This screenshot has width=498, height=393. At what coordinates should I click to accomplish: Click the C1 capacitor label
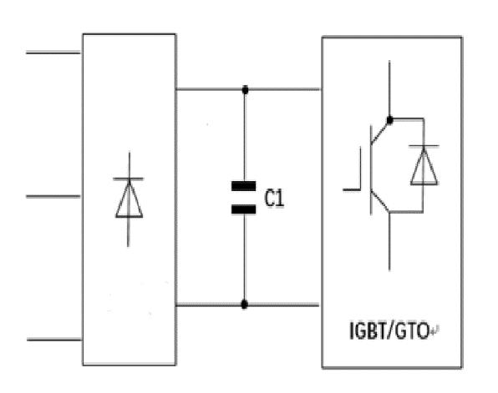pyautogui.click(x=274, y=199)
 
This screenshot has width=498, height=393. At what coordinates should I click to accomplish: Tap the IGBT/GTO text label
pyautogui.click(x=389, y=330)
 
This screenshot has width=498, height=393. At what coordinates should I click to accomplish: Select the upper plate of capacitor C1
pyautogui.click(x=244, y=186)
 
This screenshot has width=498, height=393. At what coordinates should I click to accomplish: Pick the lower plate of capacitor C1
pyautogui.click(x=244, y=209)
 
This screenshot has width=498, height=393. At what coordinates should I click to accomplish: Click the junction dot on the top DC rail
pyautogui.click(x=245, y=90)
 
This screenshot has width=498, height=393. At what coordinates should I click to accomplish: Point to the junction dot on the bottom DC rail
pyautogui.click(x=244, y=305)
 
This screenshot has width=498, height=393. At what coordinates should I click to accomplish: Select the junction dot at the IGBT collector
pyautogui.click(x=389, y=120)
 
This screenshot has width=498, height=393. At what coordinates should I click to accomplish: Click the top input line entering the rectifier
pyautogui.click(x=53, y=53)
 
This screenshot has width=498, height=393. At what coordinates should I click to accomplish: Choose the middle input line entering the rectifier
pyautogui.click(x=53, y=196)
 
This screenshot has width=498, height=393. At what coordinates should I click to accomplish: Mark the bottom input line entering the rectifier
pyautogui.click(x=54, y=340)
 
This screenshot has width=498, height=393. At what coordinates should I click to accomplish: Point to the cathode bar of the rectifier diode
pyautogui.click(x=129, y=179)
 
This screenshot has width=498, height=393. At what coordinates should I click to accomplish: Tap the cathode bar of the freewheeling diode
pyautogui.click(x=424, y=146)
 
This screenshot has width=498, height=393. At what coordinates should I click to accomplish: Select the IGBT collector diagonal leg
pyautogui.click(x=380, y=133)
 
